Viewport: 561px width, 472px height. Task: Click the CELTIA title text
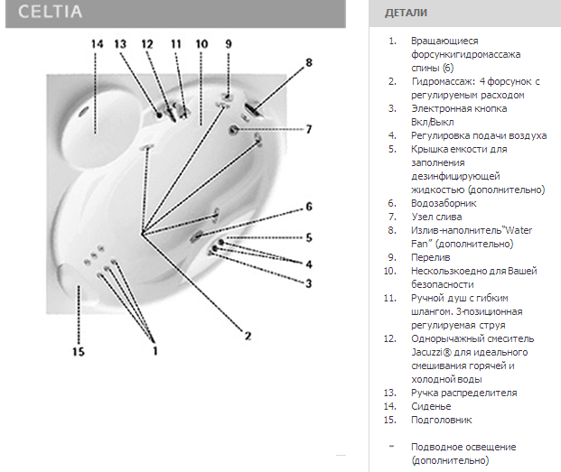[50, 12]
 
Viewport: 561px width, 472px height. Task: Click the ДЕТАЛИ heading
[406, 14]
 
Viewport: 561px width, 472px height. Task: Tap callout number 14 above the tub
[97, 44]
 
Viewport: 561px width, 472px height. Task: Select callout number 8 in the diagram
[309, 62]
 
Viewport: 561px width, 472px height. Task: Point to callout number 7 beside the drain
[309, 129]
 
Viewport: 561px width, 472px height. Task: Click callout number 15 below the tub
[79, 352]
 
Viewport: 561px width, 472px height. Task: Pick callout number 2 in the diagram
[248, 336]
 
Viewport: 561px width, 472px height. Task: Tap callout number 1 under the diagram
[154, 351]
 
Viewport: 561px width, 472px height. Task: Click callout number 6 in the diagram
[309, 207]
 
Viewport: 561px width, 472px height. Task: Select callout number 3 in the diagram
[309, 283]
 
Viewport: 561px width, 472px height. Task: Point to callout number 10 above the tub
[201, 44]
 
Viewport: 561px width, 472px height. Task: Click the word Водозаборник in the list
[444, 203]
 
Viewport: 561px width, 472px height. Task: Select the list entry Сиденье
[431, 407]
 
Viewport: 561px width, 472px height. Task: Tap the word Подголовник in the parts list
[442, 421]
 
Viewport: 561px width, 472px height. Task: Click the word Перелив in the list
[430, 257]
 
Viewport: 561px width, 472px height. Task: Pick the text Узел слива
[436, 217]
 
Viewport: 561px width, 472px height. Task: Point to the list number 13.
[390, 393]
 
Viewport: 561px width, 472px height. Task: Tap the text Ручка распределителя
[463, 393]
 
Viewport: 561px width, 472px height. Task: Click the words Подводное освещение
[463, 448]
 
